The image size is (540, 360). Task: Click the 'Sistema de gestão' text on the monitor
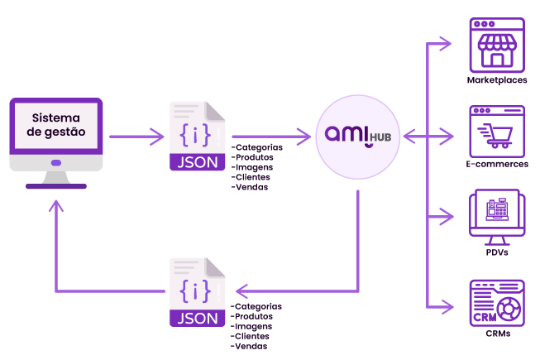tap(56, 125)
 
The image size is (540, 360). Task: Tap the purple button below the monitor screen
tap(56, 163)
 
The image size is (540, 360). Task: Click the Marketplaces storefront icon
tap(497, 46)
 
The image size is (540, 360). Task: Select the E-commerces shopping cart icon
tap(497, 132)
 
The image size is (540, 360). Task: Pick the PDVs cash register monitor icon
tap(497, 217)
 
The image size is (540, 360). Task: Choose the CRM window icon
tap(497, 303)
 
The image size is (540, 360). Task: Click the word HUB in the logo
tap(380, 137)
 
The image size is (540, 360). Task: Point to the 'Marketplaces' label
tap(497, 80)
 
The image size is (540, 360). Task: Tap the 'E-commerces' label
tap(497, 164)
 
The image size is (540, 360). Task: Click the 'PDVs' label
tap(497, 252)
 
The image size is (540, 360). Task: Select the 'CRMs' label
tap(498, 334)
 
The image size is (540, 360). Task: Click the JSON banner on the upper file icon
tap(198, 162)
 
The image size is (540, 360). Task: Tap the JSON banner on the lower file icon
tap(198, 319)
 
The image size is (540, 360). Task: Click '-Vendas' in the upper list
tap(250, 187)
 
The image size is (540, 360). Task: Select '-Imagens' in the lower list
tap(251, 326)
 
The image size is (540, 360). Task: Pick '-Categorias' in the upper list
tap(257, 147)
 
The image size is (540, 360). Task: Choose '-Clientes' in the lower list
tap(250, 336)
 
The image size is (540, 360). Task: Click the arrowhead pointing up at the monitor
tap(56, 206)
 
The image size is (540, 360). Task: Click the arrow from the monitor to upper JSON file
tap(136, 137)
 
